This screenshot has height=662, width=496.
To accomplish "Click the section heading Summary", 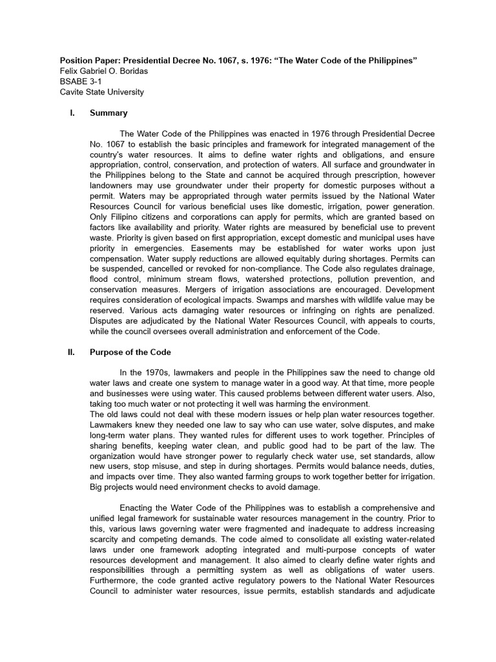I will click(x=108, y=113).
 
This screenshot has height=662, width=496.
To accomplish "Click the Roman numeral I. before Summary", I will click(x=72, y=113).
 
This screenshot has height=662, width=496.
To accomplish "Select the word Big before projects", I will click(x=97, y=487).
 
